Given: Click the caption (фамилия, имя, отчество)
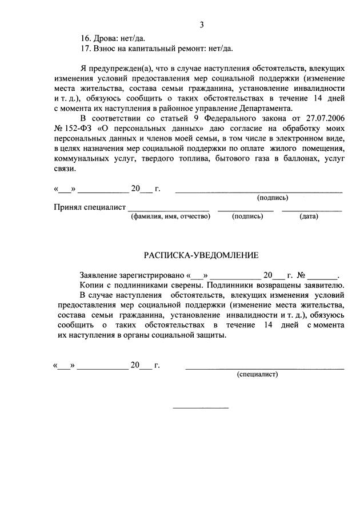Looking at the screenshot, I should (x=170, y=217).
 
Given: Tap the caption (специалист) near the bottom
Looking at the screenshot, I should (x=257, y=375).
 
